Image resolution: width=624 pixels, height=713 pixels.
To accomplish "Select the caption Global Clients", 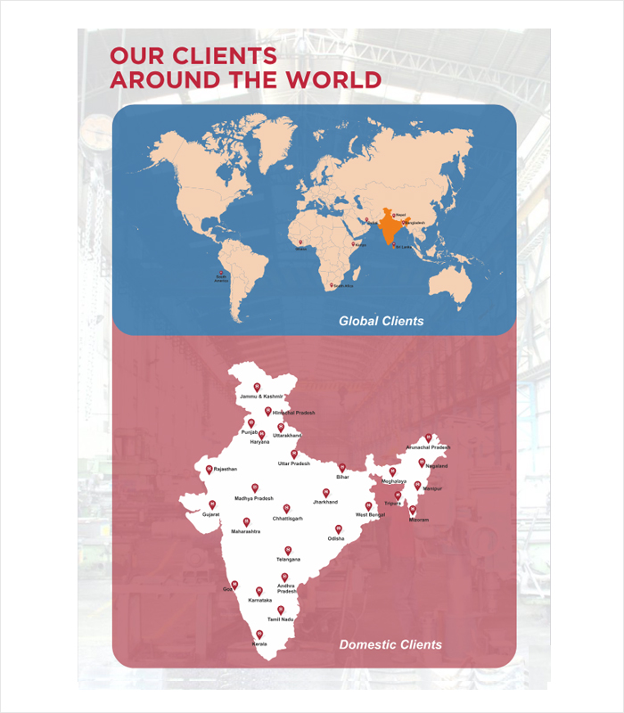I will tap(381, 320).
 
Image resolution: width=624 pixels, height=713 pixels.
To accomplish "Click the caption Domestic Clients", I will tap(390, 644).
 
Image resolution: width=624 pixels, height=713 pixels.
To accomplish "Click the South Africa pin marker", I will tap(332, 285).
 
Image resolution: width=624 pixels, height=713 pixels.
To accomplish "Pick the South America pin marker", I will tap(220, 273).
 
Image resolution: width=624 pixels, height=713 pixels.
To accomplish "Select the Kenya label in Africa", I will tap(359, 244).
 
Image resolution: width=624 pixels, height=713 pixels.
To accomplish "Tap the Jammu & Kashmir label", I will tap(261, 395).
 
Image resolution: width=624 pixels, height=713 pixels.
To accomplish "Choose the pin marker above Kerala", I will tap(259, 634).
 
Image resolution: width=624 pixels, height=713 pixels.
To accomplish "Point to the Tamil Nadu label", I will tap(281, 618).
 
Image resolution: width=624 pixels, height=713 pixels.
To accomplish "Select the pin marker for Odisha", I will tap(338, 529).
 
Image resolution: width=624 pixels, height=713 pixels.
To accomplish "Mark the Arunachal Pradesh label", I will tap(428, 447).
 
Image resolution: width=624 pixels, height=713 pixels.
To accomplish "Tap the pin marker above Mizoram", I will tap(412, 510).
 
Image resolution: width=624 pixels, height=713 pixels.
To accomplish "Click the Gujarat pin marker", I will tap(212, 504).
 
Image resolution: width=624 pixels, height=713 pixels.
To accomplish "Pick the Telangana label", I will tap(288, 559).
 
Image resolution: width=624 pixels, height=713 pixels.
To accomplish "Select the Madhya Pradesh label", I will tap(254, 498).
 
